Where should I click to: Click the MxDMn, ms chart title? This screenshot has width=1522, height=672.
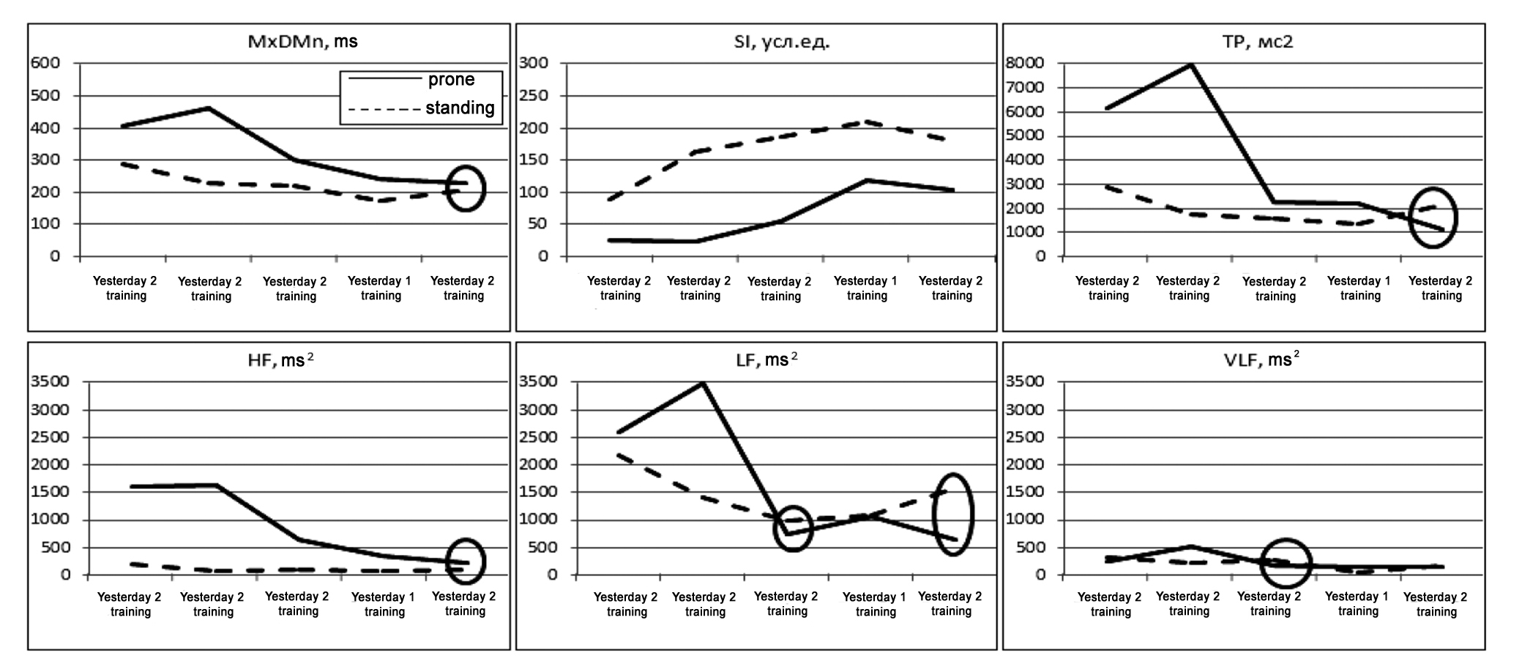pos(302,42)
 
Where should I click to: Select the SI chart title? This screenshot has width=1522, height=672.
pos(782,42)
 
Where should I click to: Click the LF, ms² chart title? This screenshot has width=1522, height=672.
pos(765,360)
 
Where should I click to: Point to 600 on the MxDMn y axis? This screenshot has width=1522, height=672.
pos(45,63)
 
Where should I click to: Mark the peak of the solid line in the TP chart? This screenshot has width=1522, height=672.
pos(1191,64)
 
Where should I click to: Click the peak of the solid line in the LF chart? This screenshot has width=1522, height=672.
pos(703,382)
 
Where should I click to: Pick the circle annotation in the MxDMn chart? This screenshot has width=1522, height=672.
pos(466,188)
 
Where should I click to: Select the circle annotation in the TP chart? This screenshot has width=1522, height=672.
pos(1433,217)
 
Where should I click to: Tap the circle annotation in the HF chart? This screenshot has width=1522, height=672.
pos(466,562)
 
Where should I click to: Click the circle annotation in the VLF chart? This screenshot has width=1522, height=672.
pos(1286,564)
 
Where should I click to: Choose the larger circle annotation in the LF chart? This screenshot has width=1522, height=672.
pos(952,513)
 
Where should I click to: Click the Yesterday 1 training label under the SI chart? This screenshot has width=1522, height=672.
pos(865,288)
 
